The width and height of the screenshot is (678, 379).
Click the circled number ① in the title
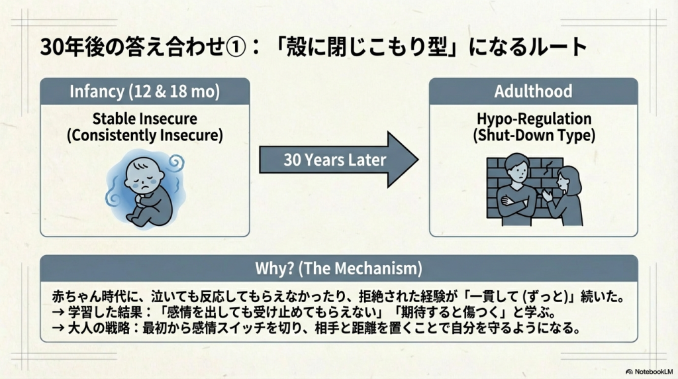236,47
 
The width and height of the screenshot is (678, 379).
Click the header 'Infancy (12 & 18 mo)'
145,91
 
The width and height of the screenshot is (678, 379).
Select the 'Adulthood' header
533,91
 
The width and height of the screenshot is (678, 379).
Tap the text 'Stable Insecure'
145,119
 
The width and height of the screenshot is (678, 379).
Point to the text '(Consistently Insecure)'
145,135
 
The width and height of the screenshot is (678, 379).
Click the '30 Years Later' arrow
338,160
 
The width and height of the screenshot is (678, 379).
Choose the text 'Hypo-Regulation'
534,119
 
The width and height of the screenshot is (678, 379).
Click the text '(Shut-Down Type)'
534,135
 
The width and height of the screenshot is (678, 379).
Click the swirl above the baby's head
177,163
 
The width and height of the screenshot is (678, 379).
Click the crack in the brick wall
548,166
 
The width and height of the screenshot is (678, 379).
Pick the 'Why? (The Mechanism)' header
338,268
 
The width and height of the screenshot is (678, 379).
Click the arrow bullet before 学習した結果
58,312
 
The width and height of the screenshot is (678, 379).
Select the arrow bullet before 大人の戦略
58,328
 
